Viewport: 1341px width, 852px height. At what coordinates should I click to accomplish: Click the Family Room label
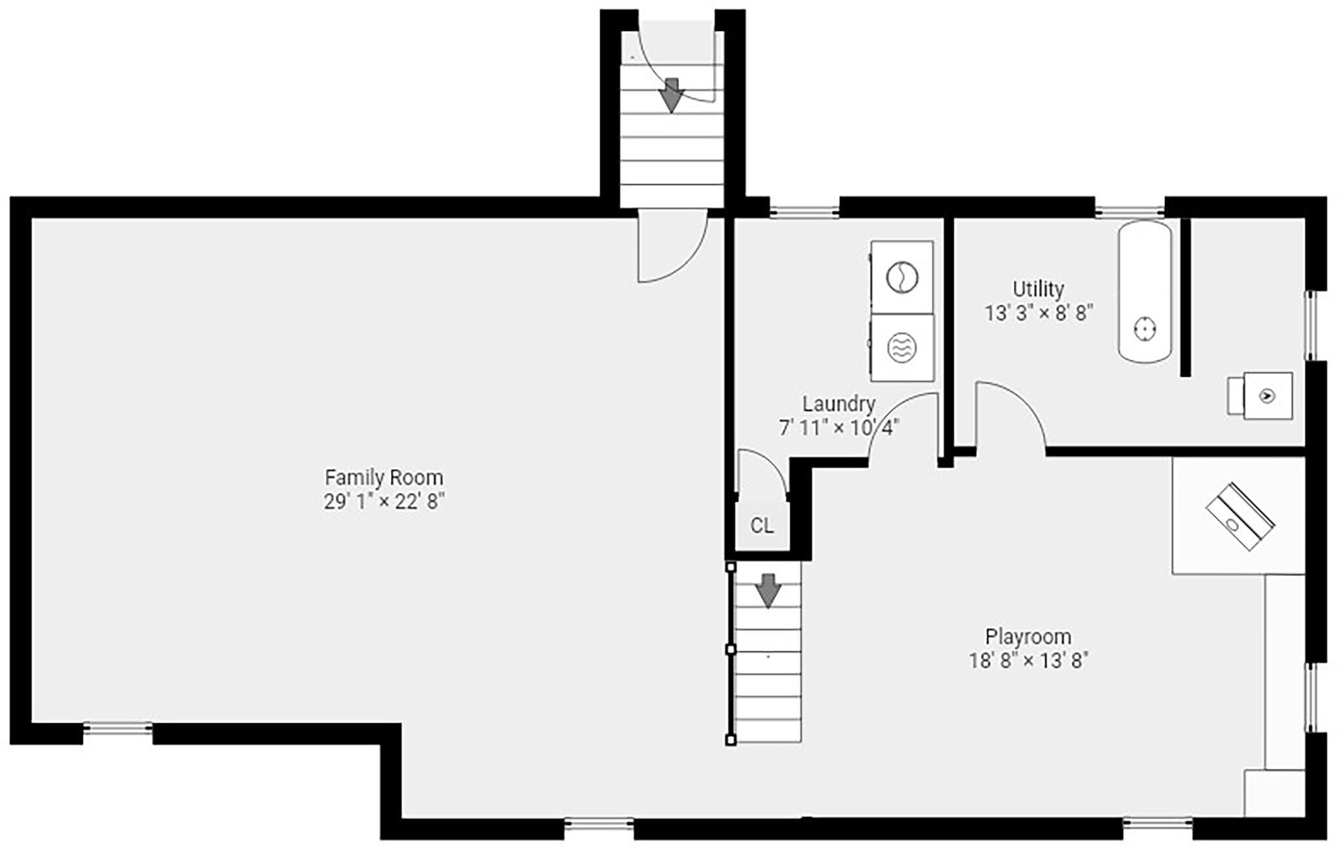click(x=384, y=477)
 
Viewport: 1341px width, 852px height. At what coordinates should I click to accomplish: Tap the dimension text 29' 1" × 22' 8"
click(x=384, y=502)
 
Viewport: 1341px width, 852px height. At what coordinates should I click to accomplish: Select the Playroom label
click(x=1028, y=637)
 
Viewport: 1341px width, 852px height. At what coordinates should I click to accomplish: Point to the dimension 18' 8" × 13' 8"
click(x=1028, y=660)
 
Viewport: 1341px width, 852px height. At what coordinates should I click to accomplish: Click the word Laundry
click(x=839, y=404)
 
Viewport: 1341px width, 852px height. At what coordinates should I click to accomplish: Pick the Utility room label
click(x=1038, y=289)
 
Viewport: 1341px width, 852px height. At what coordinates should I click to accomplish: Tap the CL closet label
click(x=762, y=525)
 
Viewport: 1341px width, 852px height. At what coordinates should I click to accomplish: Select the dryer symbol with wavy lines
click(x=902, y=348)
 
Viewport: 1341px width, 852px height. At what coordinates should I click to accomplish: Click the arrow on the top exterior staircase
click(x=672, y=94)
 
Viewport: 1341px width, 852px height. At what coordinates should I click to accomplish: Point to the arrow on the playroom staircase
click(x=768, y=589)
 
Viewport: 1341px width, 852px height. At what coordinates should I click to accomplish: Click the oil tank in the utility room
click(x=1145, y=291)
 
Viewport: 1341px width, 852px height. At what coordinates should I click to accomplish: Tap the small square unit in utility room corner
click(x=1267, y=396)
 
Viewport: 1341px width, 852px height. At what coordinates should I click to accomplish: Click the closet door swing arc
click(x=763, y=472)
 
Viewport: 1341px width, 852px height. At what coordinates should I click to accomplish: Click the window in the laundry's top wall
click(x=804, y=211)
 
